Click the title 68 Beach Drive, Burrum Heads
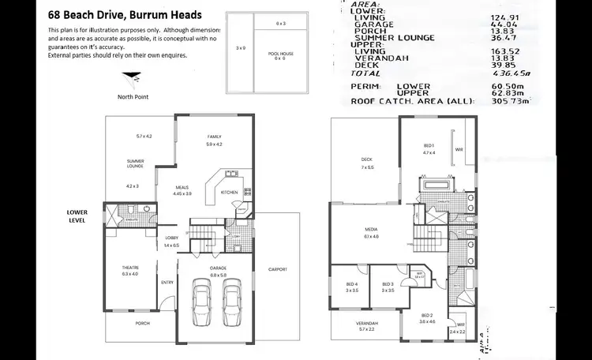click(x=125, y=15)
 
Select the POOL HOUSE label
click(x=280, y=54)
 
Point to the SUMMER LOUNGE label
click(x=135, y=163)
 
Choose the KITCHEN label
click(x=230, y=192)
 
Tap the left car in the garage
click(x=201, y=299)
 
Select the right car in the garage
click(x=231, y=299)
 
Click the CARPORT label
click(x=276, y=269)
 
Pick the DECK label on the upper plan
click(x=366, y=160)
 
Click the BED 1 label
click(x=429, y=146)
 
